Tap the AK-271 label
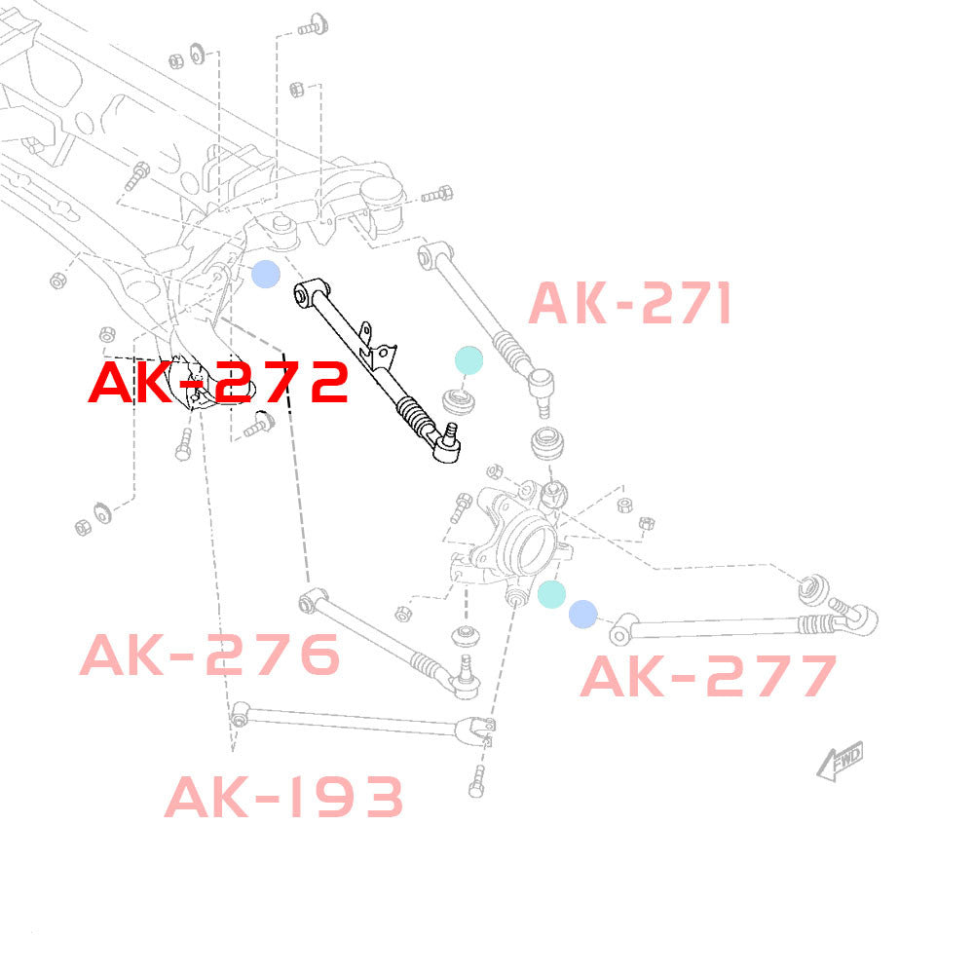click(x=629, y=304)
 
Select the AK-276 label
click(x=210, y=655)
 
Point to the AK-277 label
click(x=708, y=676)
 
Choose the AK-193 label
click(x=283, y=798)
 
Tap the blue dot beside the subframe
click(x=265, y=275)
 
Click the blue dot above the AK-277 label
click(x=582, y=614)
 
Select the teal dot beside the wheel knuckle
click(x=551, y=594)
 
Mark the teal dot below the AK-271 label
click(x=468, y=359)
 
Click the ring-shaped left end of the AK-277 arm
click(x=618, y=635)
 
